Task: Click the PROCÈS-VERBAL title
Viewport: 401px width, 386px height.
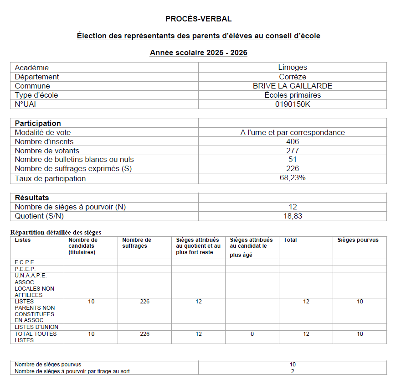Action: [199, 19]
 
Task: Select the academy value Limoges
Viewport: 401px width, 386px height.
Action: [293, 68]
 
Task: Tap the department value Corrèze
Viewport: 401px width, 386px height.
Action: [293, 77]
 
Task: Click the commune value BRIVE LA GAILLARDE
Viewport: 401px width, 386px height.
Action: [293, 86]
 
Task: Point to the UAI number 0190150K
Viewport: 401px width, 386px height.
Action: [293, 104]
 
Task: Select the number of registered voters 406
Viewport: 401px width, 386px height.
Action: [293, 141]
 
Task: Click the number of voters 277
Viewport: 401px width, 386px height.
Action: [293, 151]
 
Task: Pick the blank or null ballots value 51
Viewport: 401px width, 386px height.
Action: [293, 159]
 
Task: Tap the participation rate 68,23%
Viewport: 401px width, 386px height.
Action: [293, 178]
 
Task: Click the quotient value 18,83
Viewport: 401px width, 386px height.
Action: [293, 216]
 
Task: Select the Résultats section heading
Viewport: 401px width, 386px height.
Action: [32, 198]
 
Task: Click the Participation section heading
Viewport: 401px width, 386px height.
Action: [38, 123]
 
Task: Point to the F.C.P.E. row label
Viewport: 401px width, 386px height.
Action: [25, 262]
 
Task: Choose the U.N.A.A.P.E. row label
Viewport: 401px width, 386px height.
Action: [31, 276]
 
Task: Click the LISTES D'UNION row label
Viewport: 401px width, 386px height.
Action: [36, 327]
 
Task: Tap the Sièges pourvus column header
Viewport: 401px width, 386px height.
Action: [358, 240]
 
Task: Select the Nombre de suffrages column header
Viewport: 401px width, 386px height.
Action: [137, 243]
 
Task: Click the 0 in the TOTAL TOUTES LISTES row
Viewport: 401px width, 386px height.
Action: [252, 334]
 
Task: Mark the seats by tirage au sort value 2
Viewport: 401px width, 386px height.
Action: [293, 371]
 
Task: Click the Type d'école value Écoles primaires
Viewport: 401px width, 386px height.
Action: [293, 95]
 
